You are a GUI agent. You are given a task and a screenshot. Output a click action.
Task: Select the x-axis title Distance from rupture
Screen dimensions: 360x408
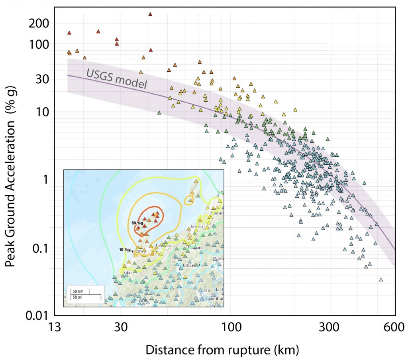pos(222,350)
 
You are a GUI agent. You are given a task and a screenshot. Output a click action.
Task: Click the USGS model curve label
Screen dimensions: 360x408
pos(116,78)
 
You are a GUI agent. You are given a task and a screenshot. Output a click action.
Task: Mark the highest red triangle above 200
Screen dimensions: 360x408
pos(150,14)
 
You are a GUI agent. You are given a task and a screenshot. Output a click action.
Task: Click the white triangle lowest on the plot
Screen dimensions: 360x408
pos(381,279)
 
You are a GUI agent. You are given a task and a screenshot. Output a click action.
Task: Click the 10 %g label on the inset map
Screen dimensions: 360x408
pos(125,250)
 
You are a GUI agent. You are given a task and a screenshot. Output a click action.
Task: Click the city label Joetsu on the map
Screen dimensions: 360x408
pos(195,226)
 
